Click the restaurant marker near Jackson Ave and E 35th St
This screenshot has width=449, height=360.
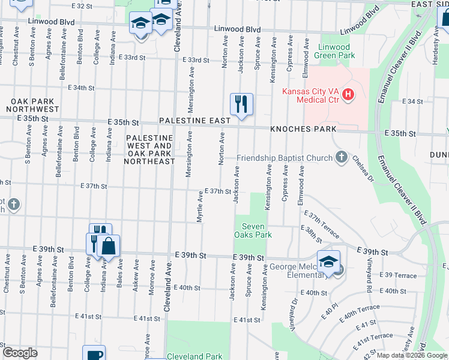pos(241,104)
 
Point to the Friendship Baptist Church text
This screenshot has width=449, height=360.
pos(284,158)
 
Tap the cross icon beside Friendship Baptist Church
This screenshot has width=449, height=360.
pos(342,158)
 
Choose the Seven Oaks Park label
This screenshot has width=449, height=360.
pos(257,230)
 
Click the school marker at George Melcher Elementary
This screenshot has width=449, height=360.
pos(328,262)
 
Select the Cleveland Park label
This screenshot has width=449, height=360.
pos(194,356)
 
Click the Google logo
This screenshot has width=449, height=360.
pos(20,353)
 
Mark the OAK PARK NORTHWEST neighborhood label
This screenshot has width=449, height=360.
pos(32,105)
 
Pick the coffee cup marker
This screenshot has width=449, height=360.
pos(94,354)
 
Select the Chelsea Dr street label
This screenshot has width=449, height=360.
pos(363,170)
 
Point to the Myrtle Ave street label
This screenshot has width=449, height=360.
pos(200,206)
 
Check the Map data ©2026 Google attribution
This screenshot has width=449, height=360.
pos(412,355)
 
